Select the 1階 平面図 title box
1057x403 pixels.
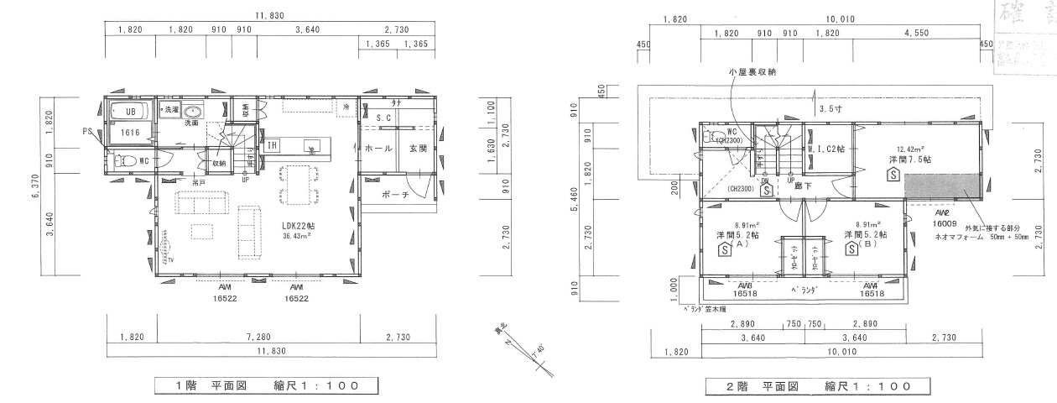pos(266,385)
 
